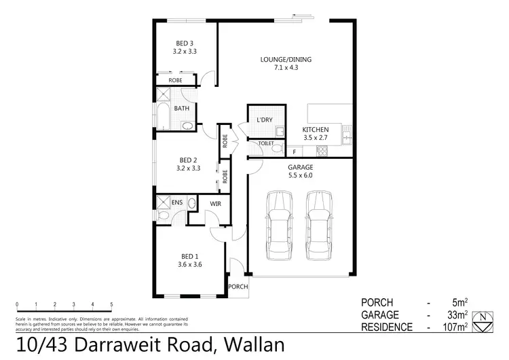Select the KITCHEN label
click(316, 129)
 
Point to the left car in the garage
click(279, 224)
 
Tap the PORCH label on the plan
click(238, 287)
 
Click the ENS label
click(177, 202)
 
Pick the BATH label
click(181, 109)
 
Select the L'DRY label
click(264, 121)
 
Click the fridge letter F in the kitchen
click(294, 151)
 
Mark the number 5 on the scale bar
click(111, 304)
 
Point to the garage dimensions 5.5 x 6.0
click(299, 175)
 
